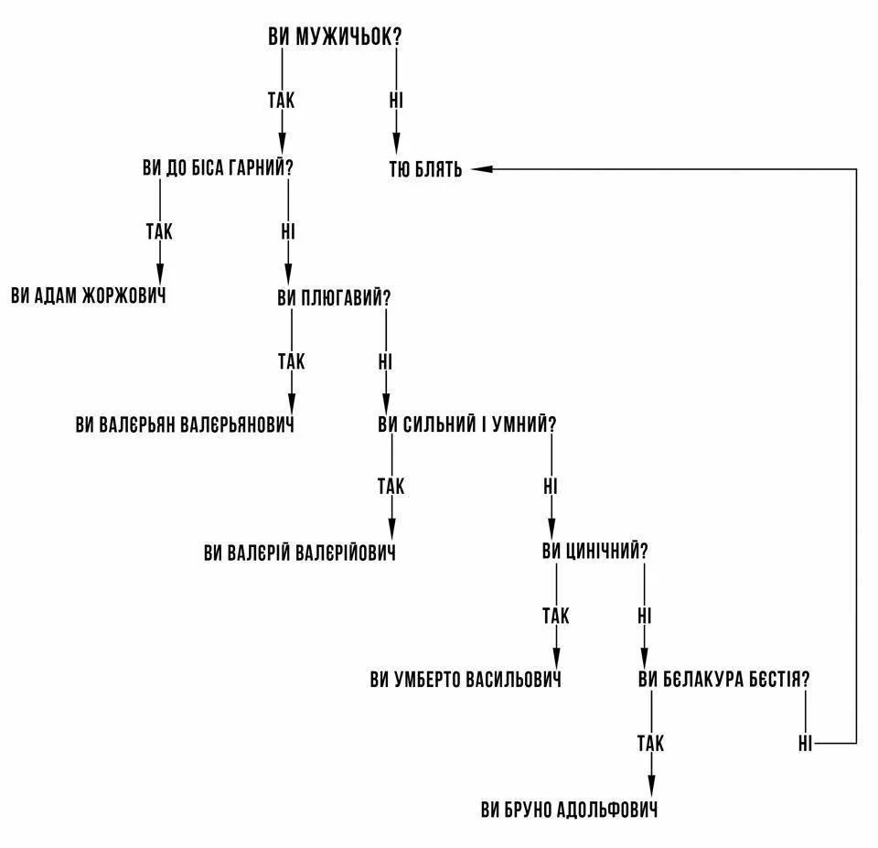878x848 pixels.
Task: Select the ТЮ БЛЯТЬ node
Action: coord(426,170)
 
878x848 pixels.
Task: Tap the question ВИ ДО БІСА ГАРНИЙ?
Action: coord(223,168)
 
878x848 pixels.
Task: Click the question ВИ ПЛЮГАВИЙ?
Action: coord(335,298)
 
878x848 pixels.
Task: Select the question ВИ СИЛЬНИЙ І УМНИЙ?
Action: coord(467,425)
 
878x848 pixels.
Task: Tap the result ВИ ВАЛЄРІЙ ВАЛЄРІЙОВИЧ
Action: coord(300,553)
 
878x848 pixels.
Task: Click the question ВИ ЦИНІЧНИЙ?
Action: coord(595,552)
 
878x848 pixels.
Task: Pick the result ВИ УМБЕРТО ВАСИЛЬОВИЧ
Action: coord(466,680)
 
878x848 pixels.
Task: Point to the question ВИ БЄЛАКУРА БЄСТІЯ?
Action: coord(724,680)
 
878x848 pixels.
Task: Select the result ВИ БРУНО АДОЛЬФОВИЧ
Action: coord(569,810)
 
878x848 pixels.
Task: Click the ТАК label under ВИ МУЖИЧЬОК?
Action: coord(282,100)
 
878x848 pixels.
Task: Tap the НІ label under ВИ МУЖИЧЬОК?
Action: coord(396,100)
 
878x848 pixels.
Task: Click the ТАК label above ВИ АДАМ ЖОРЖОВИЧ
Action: coord(159,231)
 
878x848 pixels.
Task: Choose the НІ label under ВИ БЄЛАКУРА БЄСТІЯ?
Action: coord(805,743)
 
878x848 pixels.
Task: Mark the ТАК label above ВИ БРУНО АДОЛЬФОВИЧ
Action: coord(651,743)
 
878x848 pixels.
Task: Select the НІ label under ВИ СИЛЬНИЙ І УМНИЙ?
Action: coord(551,486)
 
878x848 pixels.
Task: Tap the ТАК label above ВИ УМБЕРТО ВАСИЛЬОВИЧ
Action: coord(555,616)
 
